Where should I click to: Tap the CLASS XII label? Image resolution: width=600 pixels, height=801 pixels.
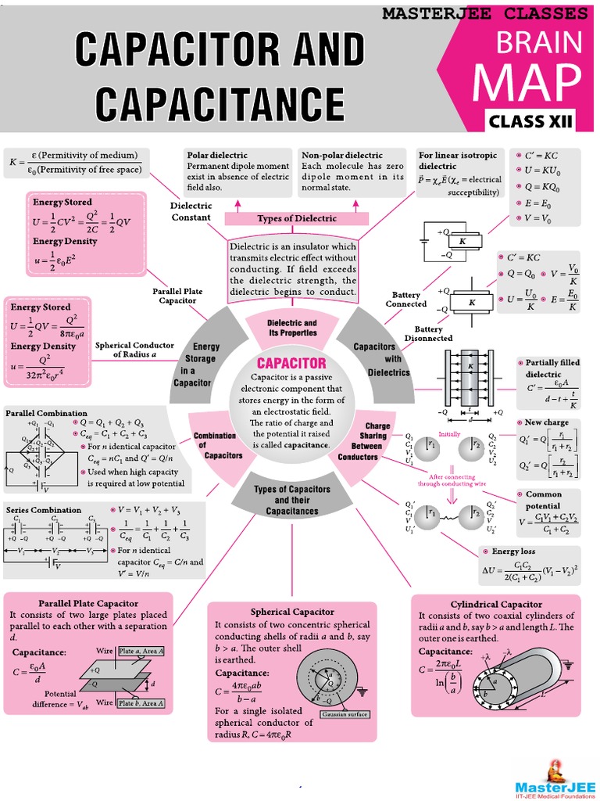[530, 120]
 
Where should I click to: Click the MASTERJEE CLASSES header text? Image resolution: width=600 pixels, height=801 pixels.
[484, 13]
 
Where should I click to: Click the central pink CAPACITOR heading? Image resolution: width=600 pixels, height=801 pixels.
[292, 363]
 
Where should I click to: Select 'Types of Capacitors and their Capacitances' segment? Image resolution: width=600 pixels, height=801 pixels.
[292, 500]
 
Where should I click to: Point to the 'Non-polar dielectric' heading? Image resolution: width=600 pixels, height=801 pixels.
[342, 155]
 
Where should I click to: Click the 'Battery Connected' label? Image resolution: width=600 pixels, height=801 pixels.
[406, 300]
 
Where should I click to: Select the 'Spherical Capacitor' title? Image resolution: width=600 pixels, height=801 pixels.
[292, 612]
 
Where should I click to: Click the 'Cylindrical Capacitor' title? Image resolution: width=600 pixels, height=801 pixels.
[496, 604]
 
